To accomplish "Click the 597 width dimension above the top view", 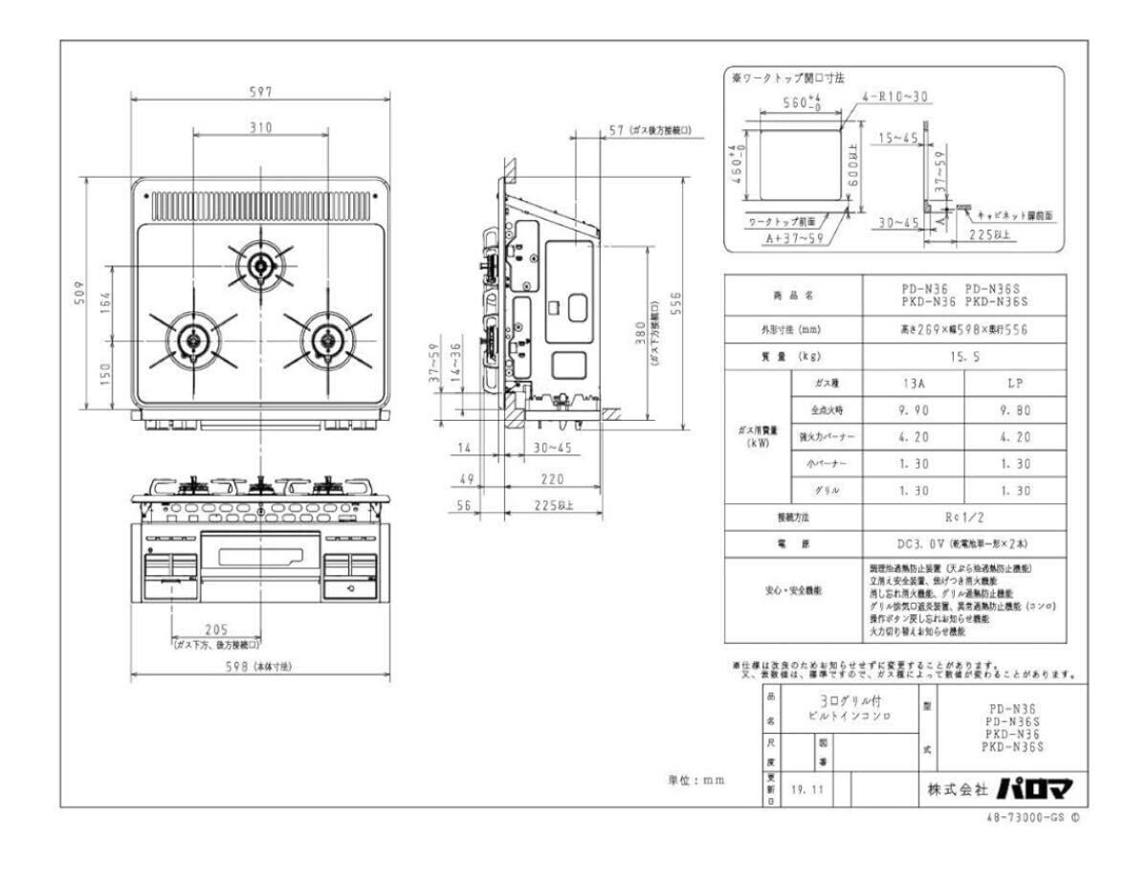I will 259,92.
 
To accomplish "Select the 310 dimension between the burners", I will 259,127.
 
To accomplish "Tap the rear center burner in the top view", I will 259,264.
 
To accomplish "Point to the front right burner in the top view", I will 326,340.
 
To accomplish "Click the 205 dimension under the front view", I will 215,630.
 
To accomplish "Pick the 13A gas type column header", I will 914,382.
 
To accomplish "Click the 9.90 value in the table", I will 914,409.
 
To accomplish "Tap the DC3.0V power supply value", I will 960,543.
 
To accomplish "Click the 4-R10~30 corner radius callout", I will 895,97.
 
